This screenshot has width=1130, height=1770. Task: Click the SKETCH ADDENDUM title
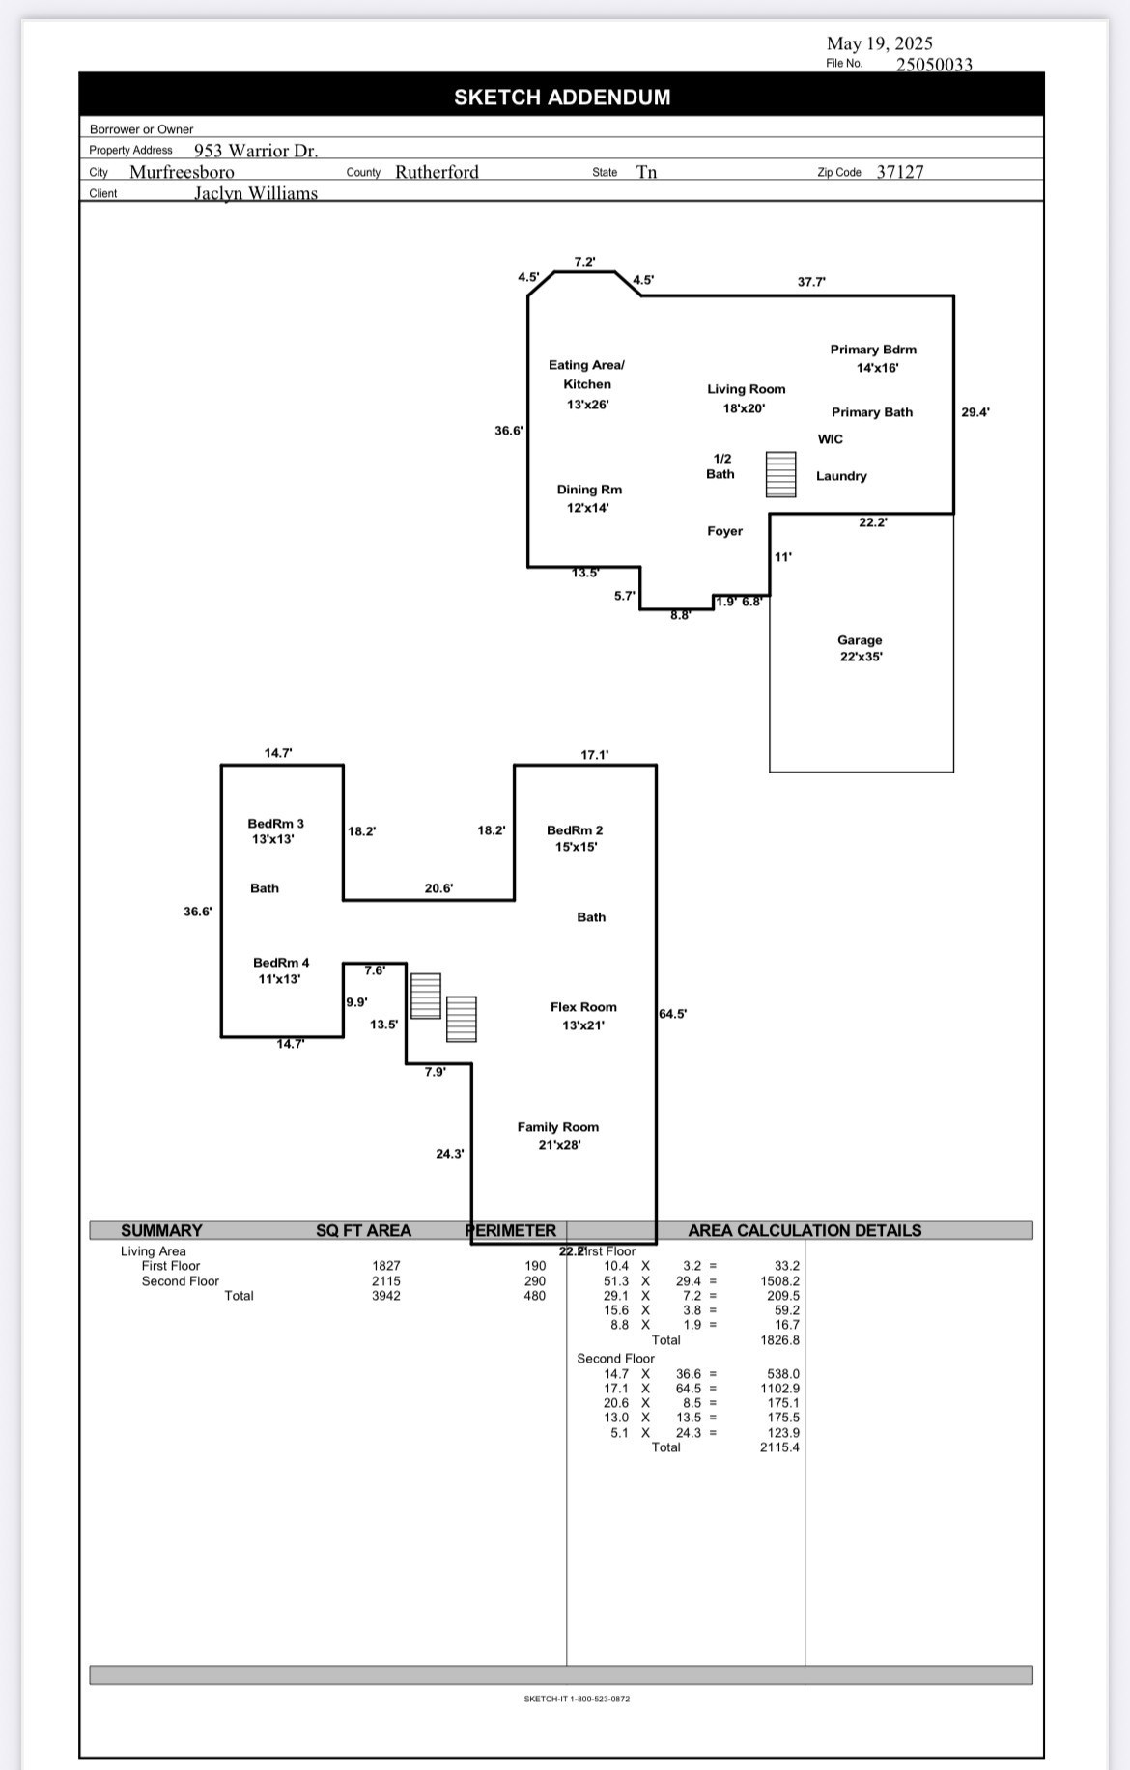point(562,98)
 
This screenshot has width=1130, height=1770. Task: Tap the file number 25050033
point(933,65)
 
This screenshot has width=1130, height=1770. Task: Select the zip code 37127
point(899,172)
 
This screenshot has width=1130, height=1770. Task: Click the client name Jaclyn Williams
point(256,193)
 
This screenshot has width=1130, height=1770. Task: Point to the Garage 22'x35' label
point(860,648)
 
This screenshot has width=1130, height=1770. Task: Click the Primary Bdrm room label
point(873,350)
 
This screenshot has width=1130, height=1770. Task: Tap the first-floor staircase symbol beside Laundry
point(780,474)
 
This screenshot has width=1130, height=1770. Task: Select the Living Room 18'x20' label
point(746,398)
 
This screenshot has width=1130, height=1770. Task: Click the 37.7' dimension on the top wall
point(811,282)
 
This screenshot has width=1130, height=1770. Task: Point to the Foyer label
point(724,531)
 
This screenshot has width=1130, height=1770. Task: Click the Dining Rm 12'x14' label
point(589,498)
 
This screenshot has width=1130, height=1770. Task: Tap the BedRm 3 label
point(275,824)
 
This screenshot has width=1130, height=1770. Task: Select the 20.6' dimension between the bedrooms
point(438,888)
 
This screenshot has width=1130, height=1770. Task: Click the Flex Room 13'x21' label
point(583,1016)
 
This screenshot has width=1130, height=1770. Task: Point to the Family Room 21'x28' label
point(558,1136)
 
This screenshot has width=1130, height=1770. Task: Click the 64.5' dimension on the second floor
point(673,1014)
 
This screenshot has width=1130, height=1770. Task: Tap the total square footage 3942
point(386,1296)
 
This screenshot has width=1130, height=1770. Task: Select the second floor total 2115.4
point(779,1447)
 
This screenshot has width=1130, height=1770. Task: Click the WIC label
point(830,439)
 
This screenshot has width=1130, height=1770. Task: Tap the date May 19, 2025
point(879,43)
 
